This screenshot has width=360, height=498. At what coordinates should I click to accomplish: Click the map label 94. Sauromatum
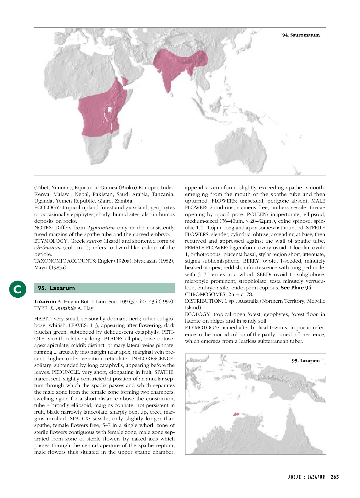pos(301,35)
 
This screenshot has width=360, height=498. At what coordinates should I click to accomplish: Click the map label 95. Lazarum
pos(306,361)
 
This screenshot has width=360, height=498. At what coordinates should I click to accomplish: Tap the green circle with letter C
pos(18,289)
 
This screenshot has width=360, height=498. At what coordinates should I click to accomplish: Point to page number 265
pos(335,477)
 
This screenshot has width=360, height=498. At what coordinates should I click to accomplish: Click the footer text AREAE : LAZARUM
pos(307,477)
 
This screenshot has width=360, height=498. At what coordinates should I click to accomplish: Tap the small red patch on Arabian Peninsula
pos(125,81)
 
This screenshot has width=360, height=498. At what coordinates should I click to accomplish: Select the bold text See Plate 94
pos(296,288)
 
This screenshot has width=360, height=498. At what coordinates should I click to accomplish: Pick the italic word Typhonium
pos(101,228)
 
